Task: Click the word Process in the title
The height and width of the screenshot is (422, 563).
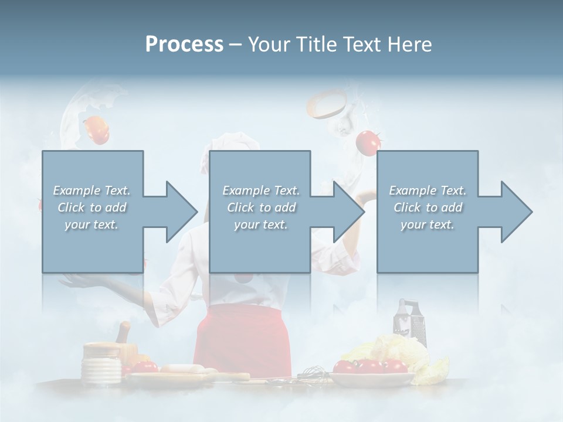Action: [184, 45]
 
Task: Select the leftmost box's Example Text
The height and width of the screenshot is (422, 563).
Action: [91, 190]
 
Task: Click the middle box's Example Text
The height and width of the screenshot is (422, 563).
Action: [261, 190]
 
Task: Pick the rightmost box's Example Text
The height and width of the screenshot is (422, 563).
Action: [428, 190]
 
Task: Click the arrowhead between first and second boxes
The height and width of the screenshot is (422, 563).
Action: [176, 212]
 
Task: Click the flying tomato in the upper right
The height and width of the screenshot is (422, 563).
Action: [368, 142]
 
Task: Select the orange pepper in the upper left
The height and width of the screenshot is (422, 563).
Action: [97, 130]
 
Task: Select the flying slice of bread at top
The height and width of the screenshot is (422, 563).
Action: [326, 104]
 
